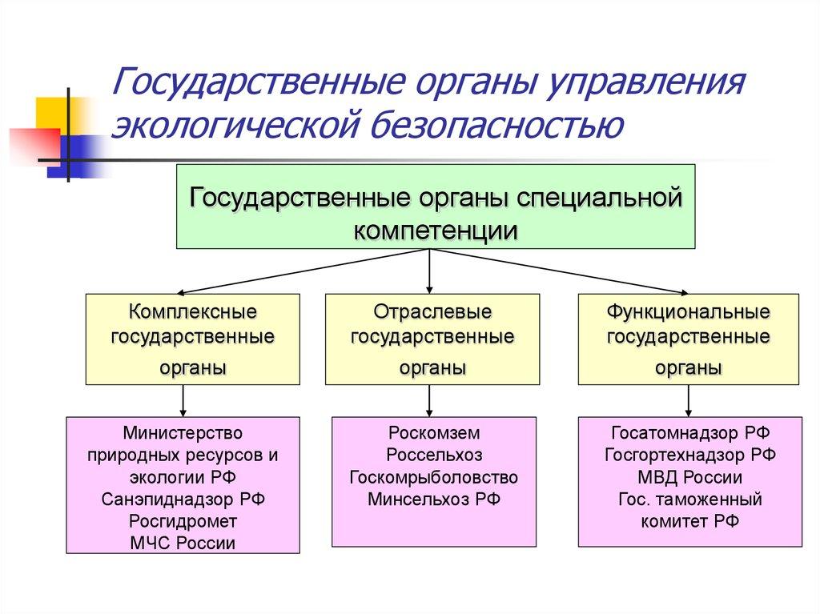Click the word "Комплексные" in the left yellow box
pyautogui.click(x=192, y=310)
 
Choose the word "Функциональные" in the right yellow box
pyautogui.click(x=689, y=310)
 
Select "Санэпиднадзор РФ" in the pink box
pyautogui.click(x=183, y=500)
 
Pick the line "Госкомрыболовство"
pyautogui.click(x=433, y=477)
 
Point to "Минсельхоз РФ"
pyautogui.click(x=433, y=500)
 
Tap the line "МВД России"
pyautogui.click(x=689, y=477)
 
